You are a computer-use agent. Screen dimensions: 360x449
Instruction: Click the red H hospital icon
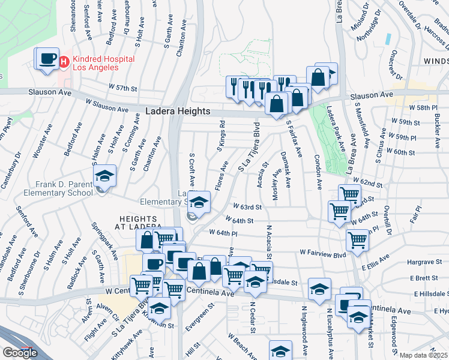[x=64, y=61]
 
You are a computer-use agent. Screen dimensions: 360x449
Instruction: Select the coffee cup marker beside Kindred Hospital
[x=48, y=59]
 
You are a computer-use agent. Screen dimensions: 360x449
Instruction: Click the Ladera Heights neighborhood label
[x=178, y=112]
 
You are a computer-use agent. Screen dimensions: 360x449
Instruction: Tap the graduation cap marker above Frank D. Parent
[x=104, y=176]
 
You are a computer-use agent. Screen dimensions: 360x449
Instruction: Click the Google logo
[x=20, y=352]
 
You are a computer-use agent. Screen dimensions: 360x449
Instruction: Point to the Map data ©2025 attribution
[x=423, y=355]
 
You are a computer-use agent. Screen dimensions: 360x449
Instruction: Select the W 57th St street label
[x=123, y=88]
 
